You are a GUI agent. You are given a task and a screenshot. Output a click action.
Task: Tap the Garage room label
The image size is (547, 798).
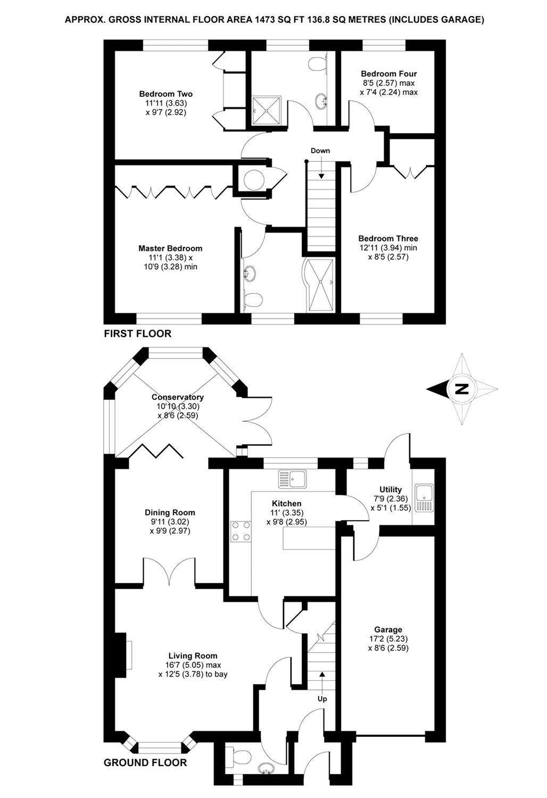(x=388, y=630)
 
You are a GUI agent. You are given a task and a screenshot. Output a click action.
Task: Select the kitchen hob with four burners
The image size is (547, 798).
(x=240, y=531)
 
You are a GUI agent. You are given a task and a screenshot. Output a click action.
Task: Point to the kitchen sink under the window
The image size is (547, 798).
(x=292, y=479)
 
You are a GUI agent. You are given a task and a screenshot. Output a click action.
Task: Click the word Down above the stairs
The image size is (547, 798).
(x=320, y=151)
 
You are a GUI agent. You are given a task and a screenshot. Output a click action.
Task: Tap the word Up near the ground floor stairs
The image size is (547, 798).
(x=322, y=699)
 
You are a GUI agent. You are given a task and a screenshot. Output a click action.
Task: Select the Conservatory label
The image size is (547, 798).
(x=178, y=397)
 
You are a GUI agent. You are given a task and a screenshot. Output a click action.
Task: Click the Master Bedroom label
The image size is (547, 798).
(x=170, y=248)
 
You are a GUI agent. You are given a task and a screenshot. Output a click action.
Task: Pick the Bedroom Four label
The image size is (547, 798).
(x=389, y=74)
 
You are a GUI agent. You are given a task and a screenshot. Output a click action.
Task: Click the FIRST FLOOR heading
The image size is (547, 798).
(x=137, y=334)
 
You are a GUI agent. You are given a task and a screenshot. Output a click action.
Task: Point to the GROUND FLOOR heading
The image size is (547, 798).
(x=145, y=763)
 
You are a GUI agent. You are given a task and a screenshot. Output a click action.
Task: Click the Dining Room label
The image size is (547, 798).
(x=170, y=513)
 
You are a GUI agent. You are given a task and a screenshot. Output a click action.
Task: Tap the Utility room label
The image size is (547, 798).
(x=391, y=489)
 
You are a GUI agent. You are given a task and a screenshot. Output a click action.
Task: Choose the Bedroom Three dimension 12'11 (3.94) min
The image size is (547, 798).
(x=388, y=248)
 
